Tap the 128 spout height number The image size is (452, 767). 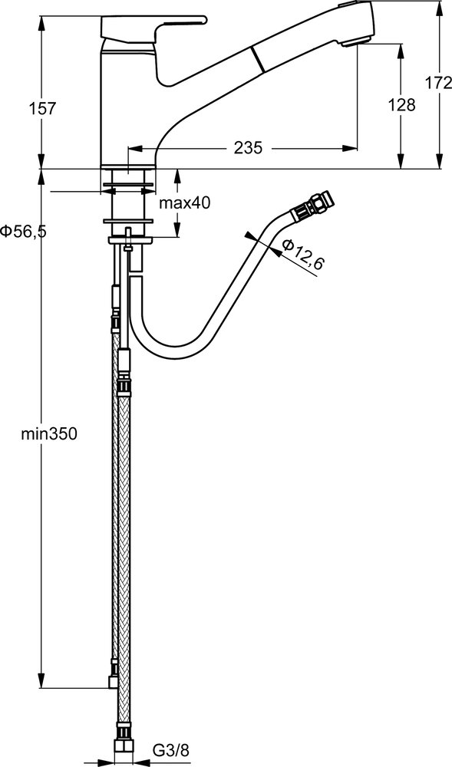[x=401, y=104]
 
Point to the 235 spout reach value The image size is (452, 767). [x=248, y=148]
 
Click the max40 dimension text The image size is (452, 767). [x=185, y=203]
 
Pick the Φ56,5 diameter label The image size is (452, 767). [x=24, y=232]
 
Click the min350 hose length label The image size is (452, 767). [x=49, y=433]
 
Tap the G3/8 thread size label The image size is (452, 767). [x=170, y=749]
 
